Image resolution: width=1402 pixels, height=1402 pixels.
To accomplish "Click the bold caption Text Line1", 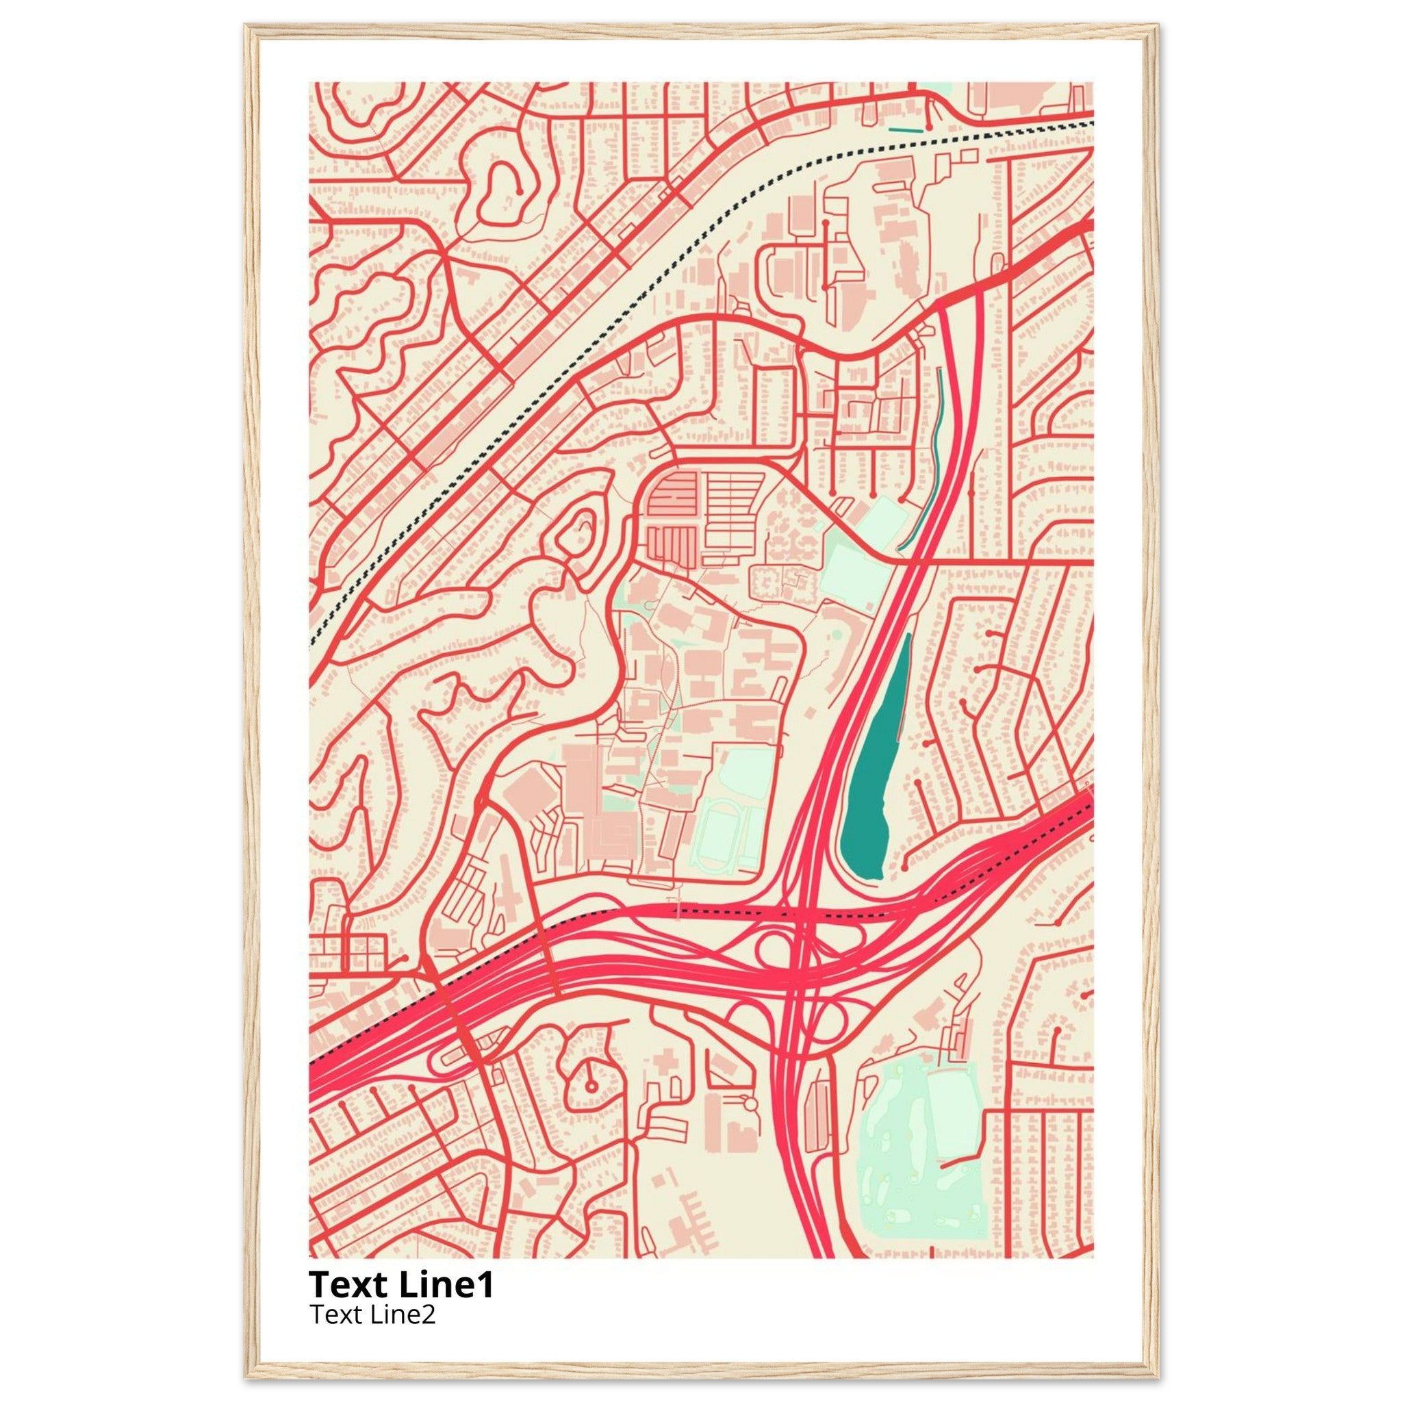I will pyautogui.click(x=401, y=1284).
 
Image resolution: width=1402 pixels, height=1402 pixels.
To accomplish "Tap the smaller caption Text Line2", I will pyautogui.click(x=372, y=1314).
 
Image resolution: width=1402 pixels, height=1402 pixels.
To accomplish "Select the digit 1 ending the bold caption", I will pyautogui.click(x=486, y=1284).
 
